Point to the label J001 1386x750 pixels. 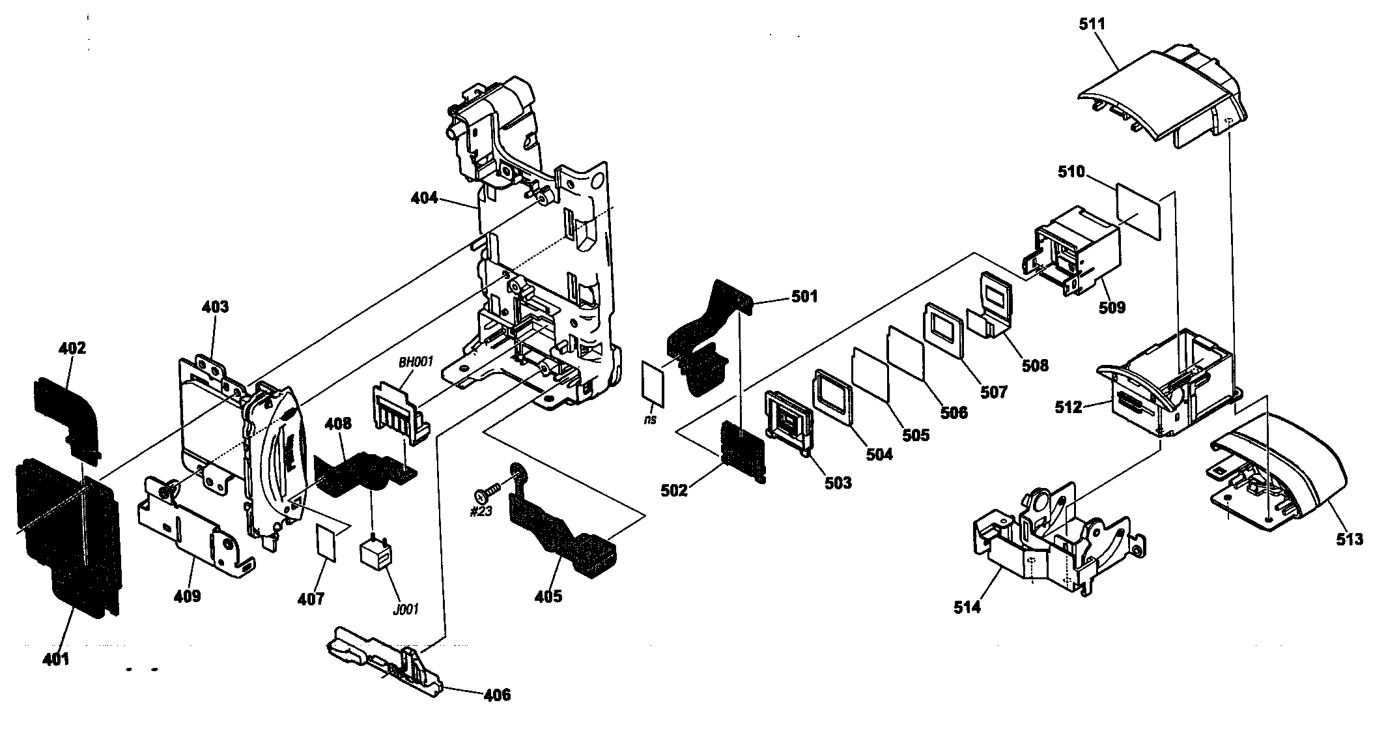[x=405, y=609]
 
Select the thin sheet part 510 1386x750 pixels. [x=1139, y=212]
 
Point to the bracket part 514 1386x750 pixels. [x=1042, y=554]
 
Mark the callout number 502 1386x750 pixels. [x=674, y=489]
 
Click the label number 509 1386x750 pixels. [x=1111, y=306]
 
